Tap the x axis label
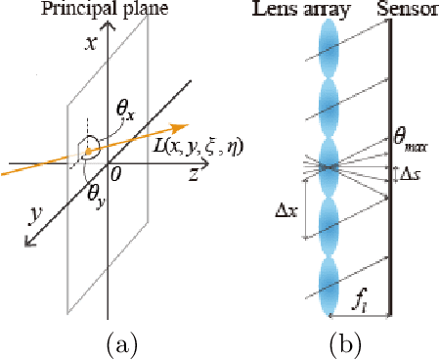pyautogui.click(x=90, y=44)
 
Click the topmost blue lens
pyautogui.click(x=329, y=44)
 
